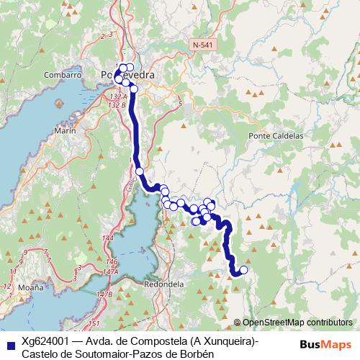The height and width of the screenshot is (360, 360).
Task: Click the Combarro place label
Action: [62, 74]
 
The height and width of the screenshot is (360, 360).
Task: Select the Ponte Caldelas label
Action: [276, 135]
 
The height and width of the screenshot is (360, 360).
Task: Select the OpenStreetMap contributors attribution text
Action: [297, 323]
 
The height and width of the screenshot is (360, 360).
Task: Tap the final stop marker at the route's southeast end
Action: [243, 270]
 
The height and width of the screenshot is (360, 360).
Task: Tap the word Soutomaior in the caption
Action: [94, 354]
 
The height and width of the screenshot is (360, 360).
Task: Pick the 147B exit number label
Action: [105, 294]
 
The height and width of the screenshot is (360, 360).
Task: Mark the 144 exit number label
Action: [108, 238]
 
